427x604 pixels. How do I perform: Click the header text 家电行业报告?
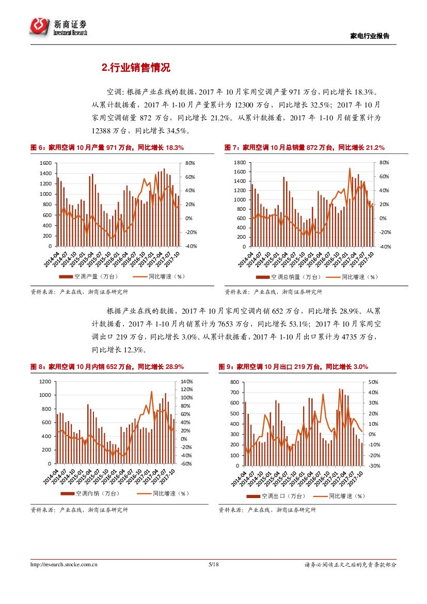pyautogui.click(x=369, y=36)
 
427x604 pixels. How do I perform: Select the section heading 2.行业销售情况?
pyautogui.click(x=136, y=68)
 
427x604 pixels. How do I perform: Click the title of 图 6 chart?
pyautogui.click(x=107, y=148)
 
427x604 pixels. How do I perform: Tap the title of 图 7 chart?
pyautogui.click(x=304, y=148)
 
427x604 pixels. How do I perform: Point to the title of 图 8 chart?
pyautogui.click(x=107, y=367)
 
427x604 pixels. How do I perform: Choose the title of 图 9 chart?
pyautogui.click(x=293, y=367)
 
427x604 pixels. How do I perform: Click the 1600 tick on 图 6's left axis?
pyautogui.click(x=45, y=163)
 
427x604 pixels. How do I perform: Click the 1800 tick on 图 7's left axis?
pyautogui.click(x=239, y=163)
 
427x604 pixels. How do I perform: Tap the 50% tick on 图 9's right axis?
pyautogui.click(x=373, y=382)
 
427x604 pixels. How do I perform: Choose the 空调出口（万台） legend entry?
pyautogui.click(x=279, y=496)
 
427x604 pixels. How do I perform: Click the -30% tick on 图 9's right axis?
pyautogui.click(x=374, y=466)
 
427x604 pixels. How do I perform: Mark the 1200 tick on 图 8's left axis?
pyautogui.click(x=45, y=381)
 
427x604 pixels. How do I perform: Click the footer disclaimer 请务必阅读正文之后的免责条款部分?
pyautogui.click(x=351, y=565)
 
